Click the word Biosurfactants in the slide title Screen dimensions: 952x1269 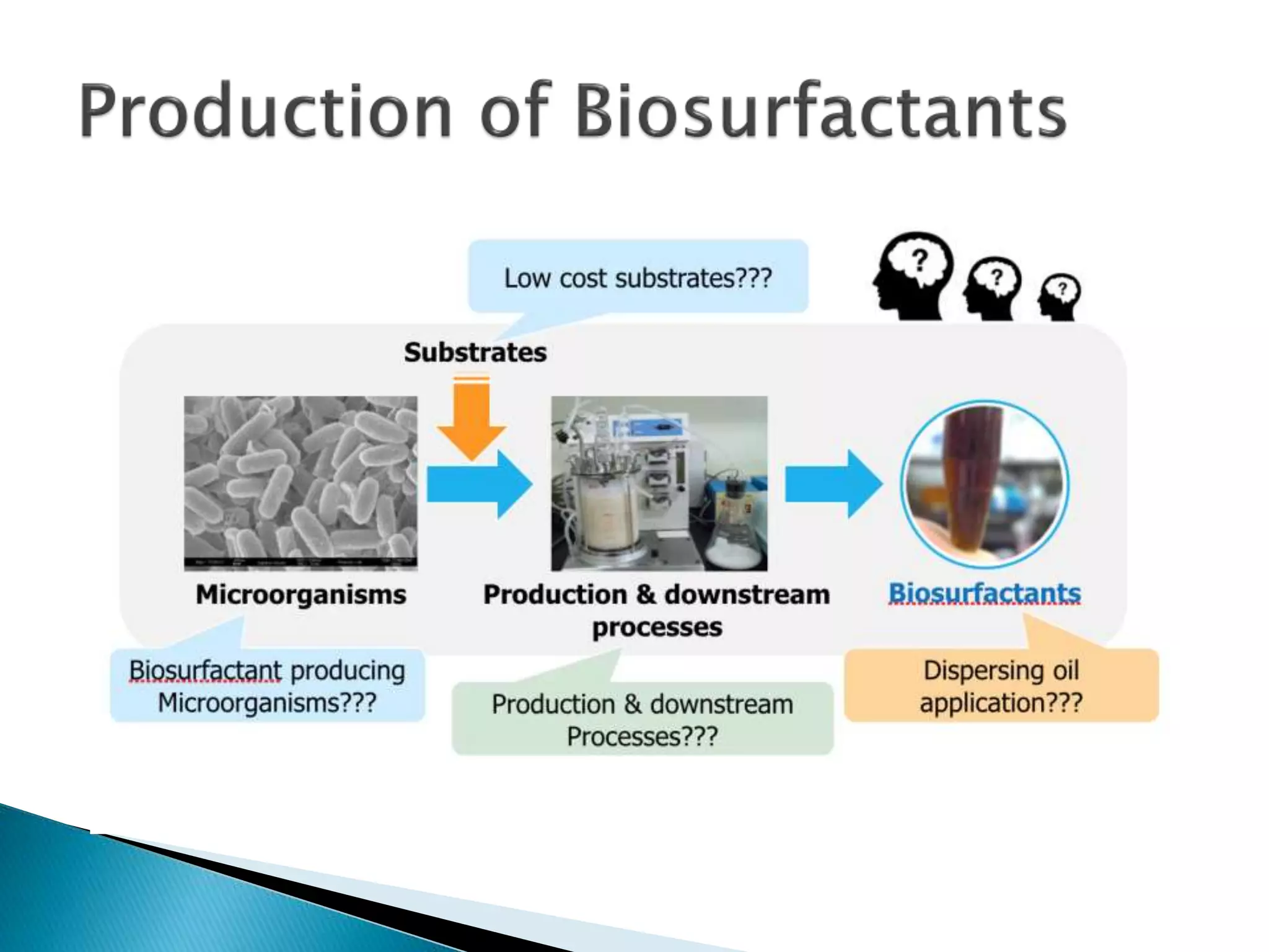pyautogui.click(x=821, y=112)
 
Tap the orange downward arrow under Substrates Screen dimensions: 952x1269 pyautogui.click(x=472, y=418)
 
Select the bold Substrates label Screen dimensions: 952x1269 pyautogui.click(x=475, y=352)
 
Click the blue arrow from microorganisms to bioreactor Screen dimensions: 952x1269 pyautogui.click(x=478, y=484)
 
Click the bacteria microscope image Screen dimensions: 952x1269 pyautogui.click(x=301, y=482)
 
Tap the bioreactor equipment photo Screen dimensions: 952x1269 pyautogui.click(x=659, y=483)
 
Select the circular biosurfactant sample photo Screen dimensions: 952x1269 pyautogui.click(x=985, y=484)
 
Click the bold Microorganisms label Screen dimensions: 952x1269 pyautogui.click(x=301, y=594)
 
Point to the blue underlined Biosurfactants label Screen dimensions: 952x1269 pyautogui.click(x=985, y=593)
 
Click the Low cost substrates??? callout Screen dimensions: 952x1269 pyautogui.click(x=638, y=278)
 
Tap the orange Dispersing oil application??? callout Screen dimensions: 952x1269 pyautogui.click(x=1001, y=686)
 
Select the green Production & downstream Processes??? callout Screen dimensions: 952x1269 pyautogui.click(x=643, y=720)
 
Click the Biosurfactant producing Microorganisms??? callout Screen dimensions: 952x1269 pyautogui.click(x=267, y=686)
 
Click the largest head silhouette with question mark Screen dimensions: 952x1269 pyautogui.click(x=912, y=275)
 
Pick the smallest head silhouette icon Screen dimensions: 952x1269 pyautogui.click(x=1060, y=297)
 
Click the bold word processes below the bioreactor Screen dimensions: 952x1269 pyautogui.click(x=657, y=627)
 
